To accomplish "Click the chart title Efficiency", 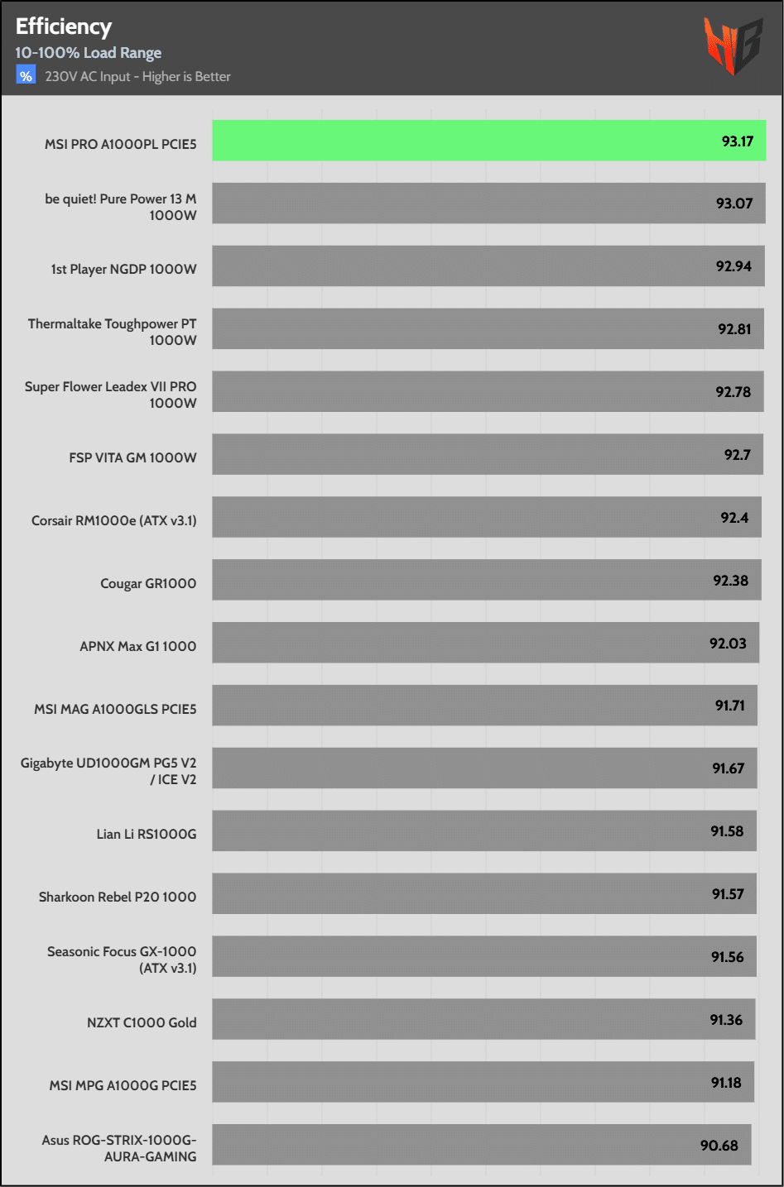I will coord(64,26).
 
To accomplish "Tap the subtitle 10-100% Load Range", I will coord(89,53).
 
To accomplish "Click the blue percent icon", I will coord(26,76).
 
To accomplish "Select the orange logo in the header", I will coord(732,46).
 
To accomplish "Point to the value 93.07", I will coord(734,203).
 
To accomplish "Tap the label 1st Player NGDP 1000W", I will coord(124,269).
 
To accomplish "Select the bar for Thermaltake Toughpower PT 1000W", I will coord(464,329).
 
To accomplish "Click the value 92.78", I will coord(733,392).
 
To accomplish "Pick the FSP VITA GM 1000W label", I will coord(132,457).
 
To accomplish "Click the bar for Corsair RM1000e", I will coord(464,518).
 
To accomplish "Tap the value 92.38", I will coord(730,581).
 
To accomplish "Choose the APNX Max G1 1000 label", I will coord(138,646).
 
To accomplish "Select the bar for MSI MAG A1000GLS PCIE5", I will coord(464,706).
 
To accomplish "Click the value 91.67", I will coord(729,768).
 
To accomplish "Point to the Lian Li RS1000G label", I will coord(147,834).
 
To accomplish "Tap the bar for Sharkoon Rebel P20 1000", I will coord(464,894).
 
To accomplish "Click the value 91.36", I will coord(726,1020).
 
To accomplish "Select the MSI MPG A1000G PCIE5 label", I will coord(123,1085).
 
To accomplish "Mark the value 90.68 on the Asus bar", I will coord(719,1146).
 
